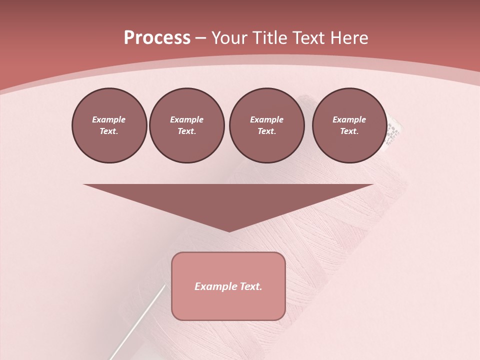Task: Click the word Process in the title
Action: point(157,38)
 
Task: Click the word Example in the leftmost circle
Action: point(109,119)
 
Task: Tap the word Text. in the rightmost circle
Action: point(349,131)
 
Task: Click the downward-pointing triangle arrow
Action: point(228,200)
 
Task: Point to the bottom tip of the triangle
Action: point(229,230)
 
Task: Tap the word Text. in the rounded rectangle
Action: point(251,286)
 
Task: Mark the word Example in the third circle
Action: point(266,119)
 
